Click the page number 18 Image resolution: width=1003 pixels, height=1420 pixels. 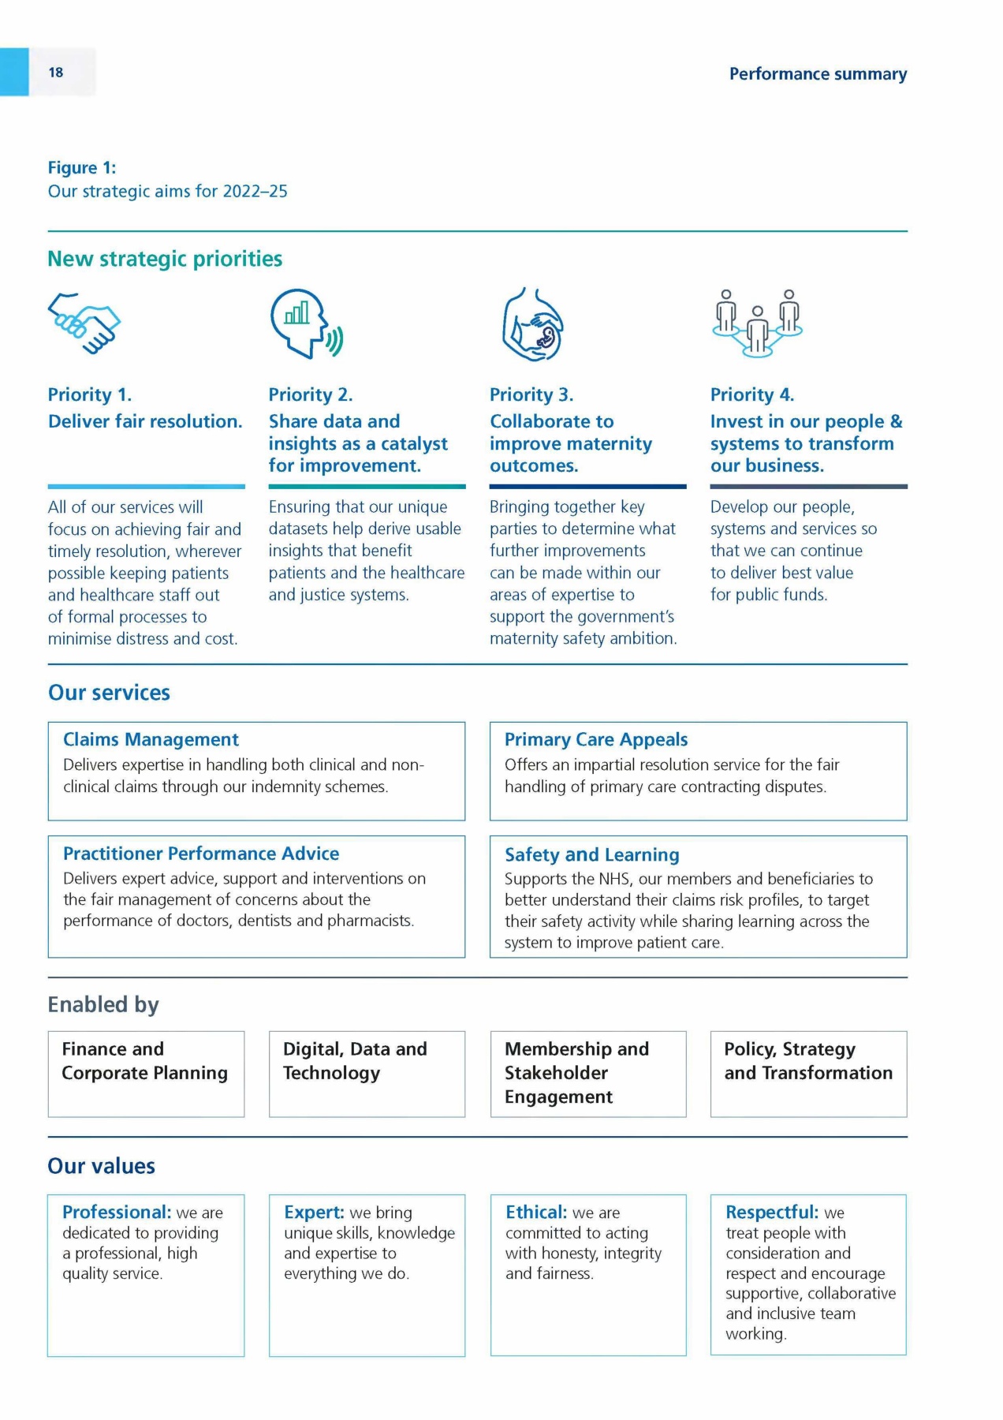[55, 73]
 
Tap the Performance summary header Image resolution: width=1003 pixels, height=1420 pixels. [818, 74]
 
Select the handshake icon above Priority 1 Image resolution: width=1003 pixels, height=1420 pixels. [84, 323]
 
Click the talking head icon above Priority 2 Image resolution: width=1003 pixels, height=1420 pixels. [306, 323]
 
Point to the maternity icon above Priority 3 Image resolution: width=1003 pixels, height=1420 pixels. [533, 324]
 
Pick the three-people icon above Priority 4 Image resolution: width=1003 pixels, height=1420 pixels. [757, 323]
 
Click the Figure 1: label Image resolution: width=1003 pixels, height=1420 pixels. [82, 168]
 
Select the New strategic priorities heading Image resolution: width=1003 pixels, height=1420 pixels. [165, 259]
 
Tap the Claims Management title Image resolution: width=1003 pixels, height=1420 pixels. [151, 739]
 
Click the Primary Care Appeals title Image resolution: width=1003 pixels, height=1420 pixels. [596, 739]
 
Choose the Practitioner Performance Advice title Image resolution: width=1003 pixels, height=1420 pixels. [201, 854]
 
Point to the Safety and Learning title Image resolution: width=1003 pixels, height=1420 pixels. [591, 854]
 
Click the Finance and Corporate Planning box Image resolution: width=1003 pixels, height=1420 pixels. [146, 1073]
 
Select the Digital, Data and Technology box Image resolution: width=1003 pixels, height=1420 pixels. [367, 1073]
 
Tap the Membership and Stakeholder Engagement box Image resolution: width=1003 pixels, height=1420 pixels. [588, 1073]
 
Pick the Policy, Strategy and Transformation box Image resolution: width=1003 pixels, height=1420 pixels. [808, 1073]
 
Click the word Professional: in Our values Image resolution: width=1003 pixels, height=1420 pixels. [117, 1213]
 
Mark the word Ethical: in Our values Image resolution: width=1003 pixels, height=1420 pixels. [536, 1213]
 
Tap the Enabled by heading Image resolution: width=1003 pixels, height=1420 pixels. [103, 1004]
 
